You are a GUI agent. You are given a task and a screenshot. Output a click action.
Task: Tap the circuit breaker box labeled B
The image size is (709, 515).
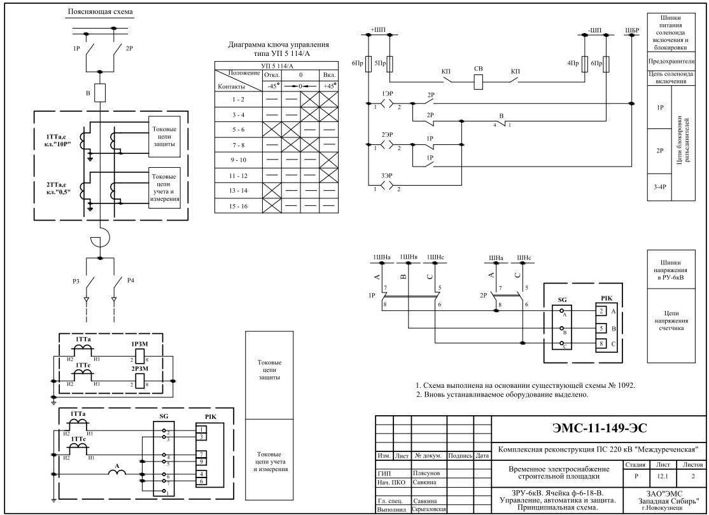[100, 93]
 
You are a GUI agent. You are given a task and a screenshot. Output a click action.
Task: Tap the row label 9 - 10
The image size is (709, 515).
[238, 158]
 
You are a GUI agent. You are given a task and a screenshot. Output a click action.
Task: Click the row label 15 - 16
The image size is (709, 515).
[238, 206]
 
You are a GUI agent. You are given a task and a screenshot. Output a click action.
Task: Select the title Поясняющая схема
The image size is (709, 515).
[101, 13]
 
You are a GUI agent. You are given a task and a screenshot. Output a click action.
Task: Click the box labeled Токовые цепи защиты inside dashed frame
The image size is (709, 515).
[164, 135]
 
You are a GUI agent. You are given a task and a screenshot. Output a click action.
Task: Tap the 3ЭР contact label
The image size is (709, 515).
[386, 175]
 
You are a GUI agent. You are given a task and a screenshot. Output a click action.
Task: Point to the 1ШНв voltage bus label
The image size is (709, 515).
[409, 257]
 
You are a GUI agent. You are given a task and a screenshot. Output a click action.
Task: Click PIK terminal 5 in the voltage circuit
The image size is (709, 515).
[600, 329]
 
